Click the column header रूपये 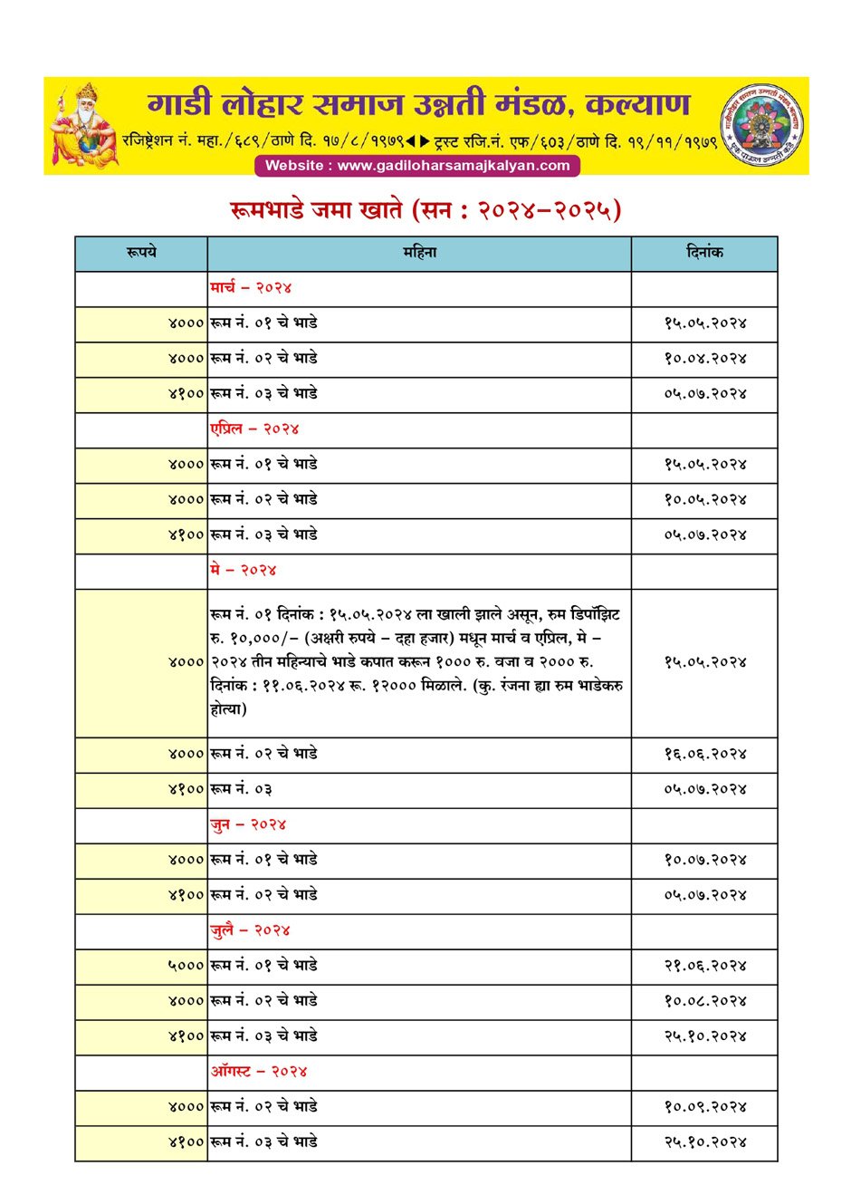(141, 253)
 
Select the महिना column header (419, 253)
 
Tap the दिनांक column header (704, 253)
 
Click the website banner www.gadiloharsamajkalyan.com (417, 166)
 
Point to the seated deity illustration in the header (83, 125)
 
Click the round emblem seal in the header (762, 125)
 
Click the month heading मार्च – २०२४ (251, 288)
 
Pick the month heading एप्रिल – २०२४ (254, 429)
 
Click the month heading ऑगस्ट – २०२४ (259, 1072)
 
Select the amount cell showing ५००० (186, 966)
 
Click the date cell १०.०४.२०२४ (704, 359)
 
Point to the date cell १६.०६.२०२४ (704, 755)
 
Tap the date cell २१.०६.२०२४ (704, 966)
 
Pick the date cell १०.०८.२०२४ (704, 1001)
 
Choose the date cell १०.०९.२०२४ (704, 1107)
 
